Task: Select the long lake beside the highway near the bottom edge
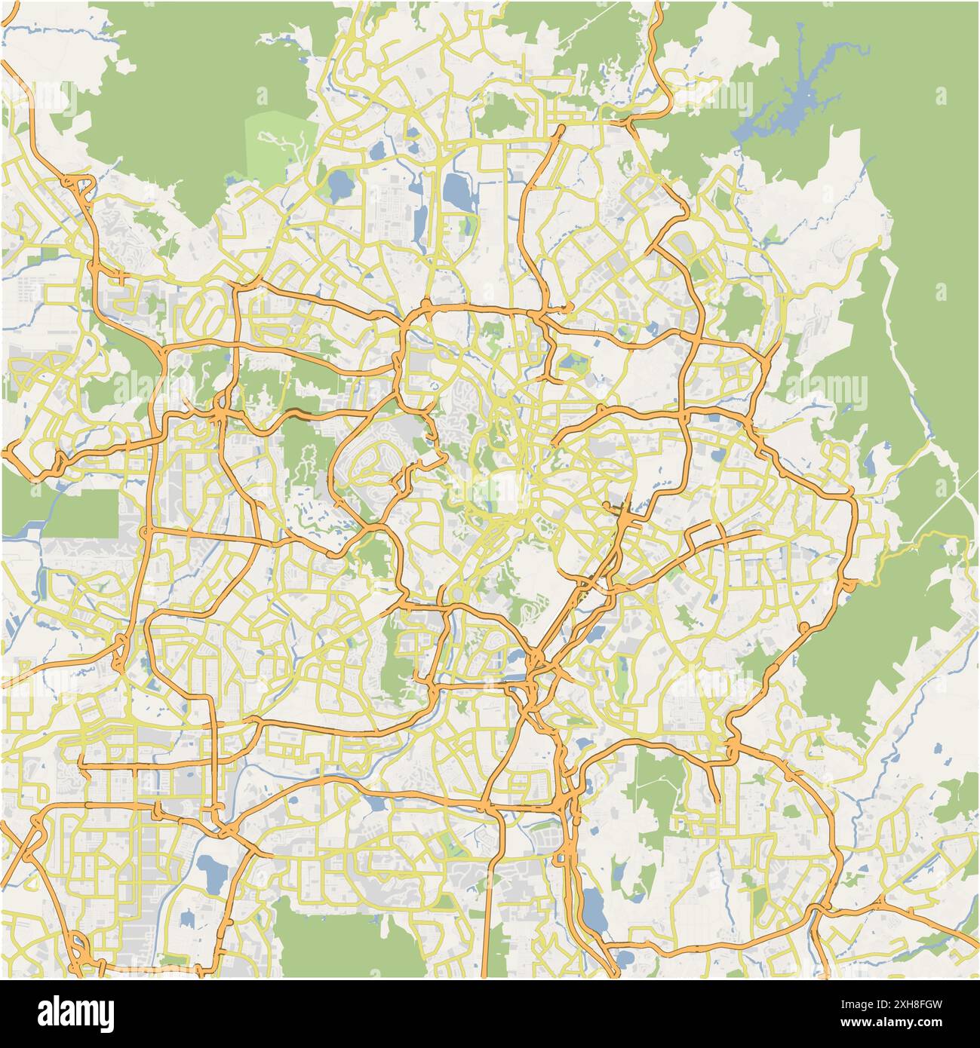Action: click(x=592, y=909)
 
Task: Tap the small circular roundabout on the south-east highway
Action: click(x=804, y=627)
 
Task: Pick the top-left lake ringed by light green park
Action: click(x=340, y=181)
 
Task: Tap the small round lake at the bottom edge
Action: click(x=625, y=958)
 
